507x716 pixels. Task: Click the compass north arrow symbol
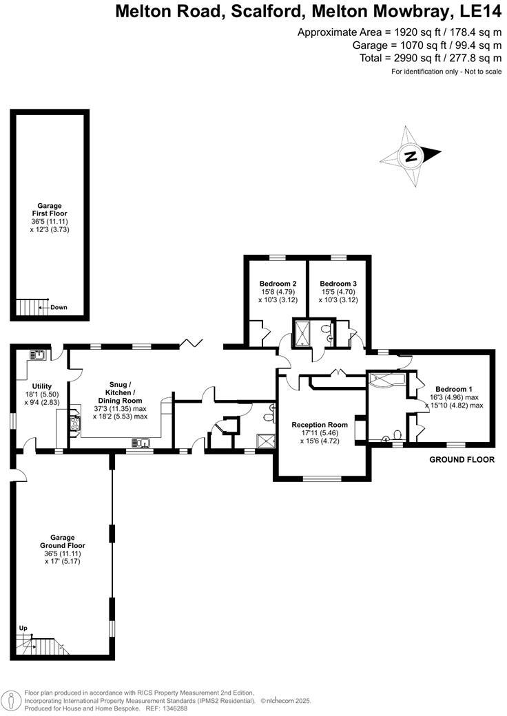coord(411,156)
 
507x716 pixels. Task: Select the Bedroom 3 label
coord(338,284)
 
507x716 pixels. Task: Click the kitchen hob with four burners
coord(73,423)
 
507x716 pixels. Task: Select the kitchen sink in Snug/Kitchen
coord(143,443)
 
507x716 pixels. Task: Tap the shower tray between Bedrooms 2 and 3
coord(302,333)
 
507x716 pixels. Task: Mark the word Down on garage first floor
coord(59,307)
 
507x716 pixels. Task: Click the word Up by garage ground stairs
coord(23,629)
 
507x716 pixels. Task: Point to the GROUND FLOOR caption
coord(462,459)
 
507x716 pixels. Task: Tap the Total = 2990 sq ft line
coord(429,58)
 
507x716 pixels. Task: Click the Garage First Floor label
coord(50,209)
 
